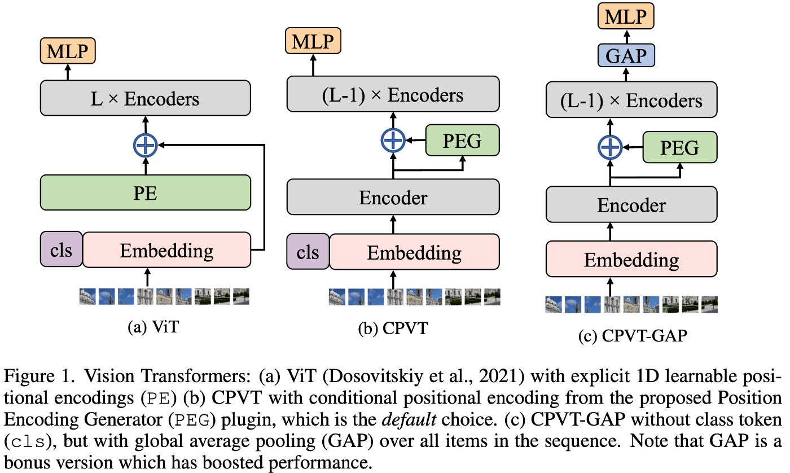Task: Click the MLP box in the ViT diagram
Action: point(68,51)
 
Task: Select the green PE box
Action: point(146,192)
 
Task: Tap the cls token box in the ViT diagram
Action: point(61,249)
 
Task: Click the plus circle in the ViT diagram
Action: point(146,145)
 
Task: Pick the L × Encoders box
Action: point(146,98)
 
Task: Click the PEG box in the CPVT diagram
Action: point(462,141)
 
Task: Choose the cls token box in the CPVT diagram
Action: point(308,252)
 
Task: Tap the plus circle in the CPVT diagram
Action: point(393,141)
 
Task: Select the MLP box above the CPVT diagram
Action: point(313,41)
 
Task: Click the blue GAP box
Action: point(626,55)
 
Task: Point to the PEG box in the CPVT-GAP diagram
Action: point(680,147)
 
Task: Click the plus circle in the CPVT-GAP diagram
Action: point(610,147)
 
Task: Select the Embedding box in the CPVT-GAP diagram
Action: point(631,259)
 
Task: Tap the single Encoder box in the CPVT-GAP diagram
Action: point(631,204)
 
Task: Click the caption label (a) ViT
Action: point(153,327)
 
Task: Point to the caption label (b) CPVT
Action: point(393,329)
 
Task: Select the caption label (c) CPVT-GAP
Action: point(633,335)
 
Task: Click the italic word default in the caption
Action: point(409,420)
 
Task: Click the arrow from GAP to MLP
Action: point(626,37)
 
